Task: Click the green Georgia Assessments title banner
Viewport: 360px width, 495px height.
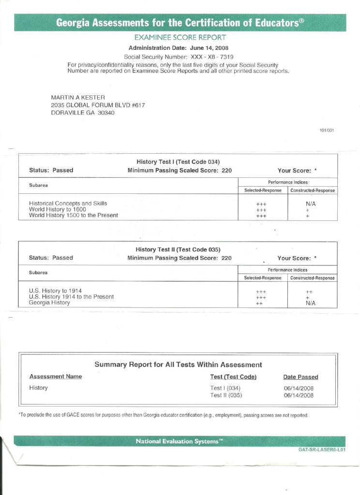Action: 180,23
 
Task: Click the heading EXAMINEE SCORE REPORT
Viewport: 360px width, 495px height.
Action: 180,38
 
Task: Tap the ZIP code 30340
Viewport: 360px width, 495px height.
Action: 106,113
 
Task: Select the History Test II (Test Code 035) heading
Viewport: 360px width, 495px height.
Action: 178,249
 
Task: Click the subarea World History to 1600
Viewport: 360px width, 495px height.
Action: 58,209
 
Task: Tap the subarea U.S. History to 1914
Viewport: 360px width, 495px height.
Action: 56,291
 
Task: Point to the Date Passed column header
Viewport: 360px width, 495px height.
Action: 300,377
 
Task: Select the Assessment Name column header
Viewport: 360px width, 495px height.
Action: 56,377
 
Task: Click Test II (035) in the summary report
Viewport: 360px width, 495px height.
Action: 226,395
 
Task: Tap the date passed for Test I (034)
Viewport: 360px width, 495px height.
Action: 299,388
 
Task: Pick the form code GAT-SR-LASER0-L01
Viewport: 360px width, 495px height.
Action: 322,450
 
